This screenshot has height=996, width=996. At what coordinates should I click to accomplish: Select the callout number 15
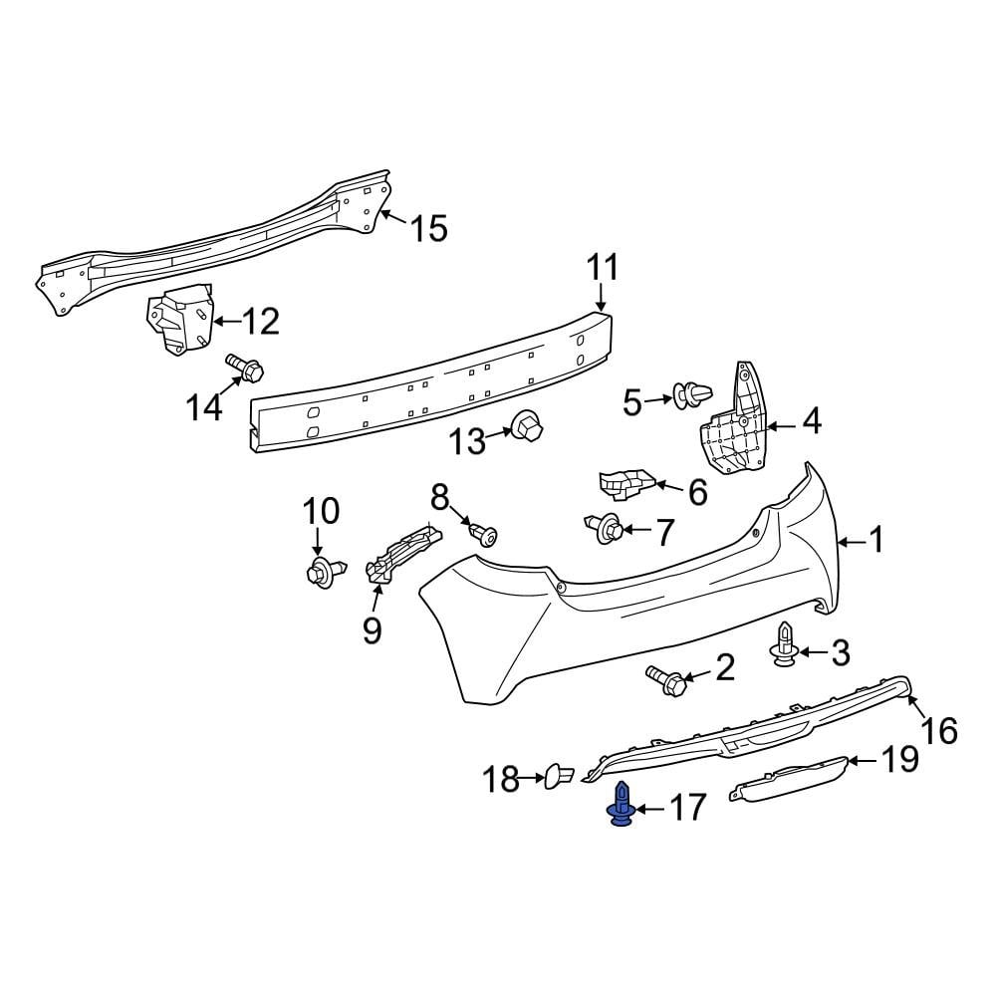tap(429, 229)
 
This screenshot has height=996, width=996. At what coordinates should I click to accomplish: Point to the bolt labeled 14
tap(245, 369)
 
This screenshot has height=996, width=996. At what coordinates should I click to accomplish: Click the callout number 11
tap(602, 268)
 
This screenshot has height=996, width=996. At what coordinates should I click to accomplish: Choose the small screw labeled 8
tap(485, 535)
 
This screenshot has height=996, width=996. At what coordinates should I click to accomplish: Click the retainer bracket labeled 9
tap(404, 554)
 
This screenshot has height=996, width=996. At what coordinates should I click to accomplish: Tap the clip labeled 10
tap(324, 572)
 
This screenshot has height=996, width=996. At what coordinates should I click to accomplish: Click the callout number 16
tap(939, 730)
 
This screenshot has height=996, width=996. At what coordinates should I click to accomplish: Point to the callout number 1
tap(875, 541)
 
